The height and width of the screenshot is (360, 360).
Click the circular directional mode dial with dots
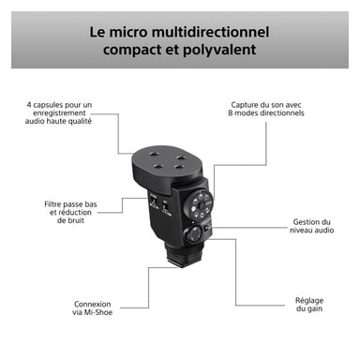[x=199, y=203]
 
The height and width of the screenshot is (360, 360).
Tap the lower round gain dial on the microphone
[x=196, y=234]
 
